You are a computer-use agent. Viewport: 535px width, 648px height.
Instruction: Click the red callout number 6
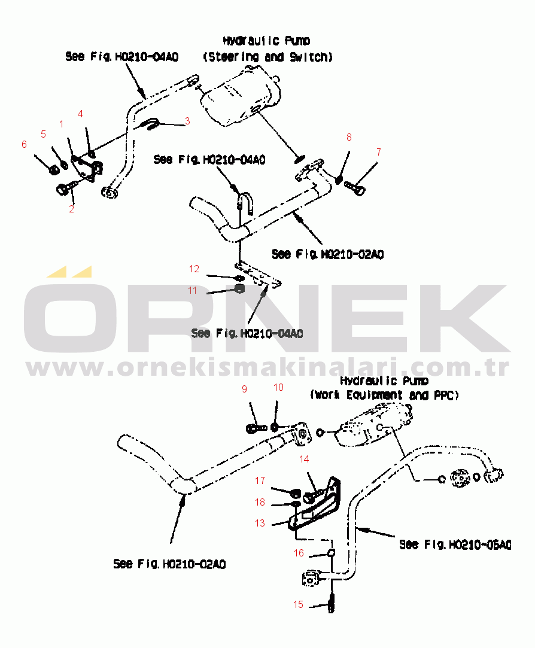(x=24, y=144)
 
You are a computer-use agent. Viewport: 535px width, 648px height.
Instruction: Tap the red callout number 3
(x=187, y=121)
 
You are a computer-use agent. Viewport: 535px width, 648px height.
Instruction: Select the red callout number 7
(x=378, y=152)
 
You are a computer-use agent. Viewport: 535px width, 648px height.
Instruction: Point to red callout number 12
(x=194, y=269)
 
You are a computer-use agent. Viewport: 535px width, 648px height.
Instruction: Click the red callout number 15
(x=298, y=604)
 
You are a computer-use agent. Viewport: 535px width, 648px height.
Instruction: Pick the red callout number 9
(x=244, y=389)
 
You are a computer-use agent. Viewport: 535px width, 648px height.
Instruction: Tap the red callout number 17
(x=260, y=480)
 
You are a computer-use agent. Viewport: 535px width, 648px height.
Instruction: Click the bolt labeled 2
(x=66, y=188)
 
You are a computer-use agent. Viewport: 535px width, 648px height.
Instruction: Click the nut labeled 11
(x=240, y=288)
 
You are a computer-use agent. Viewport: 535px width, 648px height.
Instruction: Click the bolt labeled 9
(x=256, y=428)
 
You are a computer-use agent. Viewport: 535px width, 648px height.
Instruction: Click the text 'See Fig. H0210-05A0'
(x=455, y=544)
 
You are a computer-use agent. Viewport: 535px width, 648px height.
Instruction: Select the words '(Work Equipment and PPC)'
(x=385, y=395)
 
